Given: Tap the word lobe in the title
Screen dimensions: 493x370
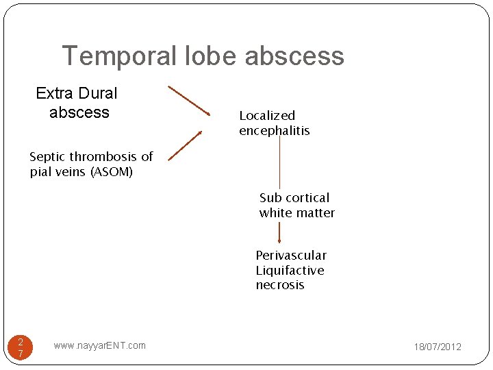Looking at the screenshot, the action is (x=207, y=56).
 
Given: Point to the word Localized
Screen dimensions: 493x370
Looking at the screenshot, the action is (x=267, y=116).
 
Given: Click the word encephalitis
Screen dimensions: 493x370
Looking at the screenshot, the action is (x=275, y=131).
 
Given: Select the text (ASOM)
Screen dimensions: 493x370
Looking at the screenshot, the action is (x=111, y=172).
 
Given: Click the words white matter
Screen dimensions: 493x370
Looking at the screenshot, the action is (x=297, y=213).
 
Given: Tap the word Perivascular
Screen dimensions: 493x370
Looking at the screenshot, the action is (x=291, y=256).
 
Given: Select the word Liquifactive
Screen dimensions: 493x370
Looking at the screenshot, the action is (x=290, y=271).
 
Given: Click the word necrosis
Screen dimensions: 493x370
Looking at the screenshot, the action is (x=280, y=285).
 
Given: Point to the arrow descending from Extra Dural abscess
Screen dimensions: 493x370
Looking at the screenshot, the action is (x=189, y=100).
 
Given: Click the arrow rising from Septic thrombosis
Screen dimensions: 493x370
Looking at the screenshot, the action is (x=186, y=145).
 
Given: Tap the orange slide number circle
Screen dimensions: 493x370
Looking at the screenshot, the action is (x=21, y=347).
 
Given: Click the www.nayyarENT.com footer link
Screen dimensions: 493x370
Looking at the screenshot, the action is (x=99, y=345).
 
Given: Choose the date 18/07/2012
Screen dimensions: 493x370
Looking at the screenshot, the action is (x=438, y=347).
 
